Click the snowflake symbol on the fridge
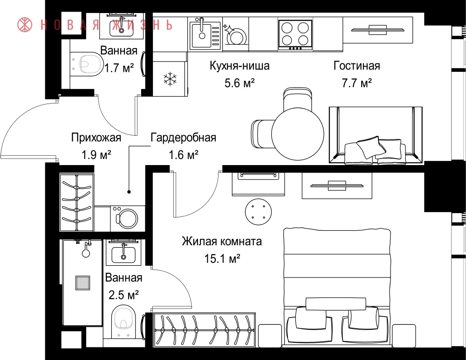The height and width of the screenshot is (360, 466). pyautogui.click(x=170, y=79)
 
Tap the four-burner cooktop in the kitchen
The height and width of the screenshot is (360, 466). pyautogui.click(x=295, y=35)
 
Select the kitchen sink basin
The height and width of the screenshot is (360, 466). pyautogui.click(x=201, y=35)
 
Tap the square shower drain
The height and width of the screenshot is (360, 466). pyautogui.click(x=82, y=283)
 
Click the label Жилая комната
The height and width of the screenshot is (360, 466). pyautogui.click(x=222, y=241)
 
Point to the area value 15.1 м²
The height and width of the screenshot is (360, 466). pyautogui.click(x=222, y=259)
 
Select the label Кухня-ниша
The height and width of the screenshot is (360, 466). pyautogui.click(x=240, y=65)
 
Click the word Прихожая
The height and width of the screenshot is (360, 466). pyautogui.click(x=96, y=138)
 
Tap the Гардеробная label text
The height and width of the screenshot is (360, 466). pyautogui.click(x=183, y=138)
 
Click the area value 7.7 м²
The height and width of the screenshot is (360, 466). pyautogui.click(x=356, y=83)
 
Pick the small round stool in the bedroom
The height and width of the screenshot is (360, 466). pyautogui.click(x=258, y=212)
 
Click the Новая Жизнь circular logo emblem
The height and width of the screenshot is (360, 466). pyautogui.click(x=25, y=25)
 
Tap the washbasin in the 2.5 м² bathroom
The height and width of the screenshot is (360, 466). pyautogui.click(x=123, y=253)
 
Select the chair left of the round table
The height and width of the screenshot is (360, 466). pyautogui.click(x=262, y=134)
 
